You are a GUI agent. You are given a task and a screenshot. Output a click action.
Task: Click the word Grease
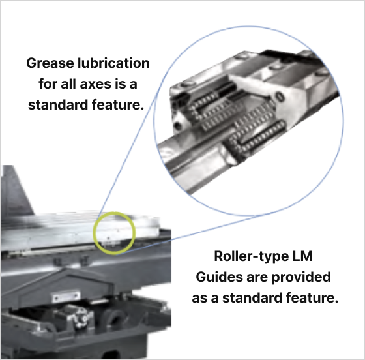tap(50, 63)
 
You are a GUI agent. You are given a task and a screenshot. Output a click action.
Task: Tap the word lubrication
tap(113, 63)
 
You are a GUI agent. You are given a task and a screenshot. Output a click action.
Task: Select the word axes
tap(96, 84)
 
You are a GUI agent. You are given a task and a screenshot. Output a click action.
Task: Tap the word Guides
tap(220, 277)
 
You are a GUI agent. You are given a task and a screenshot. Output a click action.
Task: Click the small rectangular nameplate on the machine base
tap(66, 297)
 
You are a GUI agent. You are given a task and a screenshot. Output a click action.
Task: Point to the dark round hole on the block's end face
tap(177, 126)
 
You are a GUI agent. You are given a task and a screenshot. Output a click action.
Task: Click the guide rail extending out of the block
tap(196, 158)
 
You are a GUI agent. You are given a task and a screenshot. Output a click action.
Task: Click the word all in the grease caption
tap(68, 84)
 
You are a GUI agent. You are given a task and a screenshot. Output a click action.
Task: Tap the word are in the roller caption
tap(257, 278)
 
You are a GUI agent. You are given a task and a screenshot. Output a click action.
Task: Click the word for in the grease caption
tap(48, 84)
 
